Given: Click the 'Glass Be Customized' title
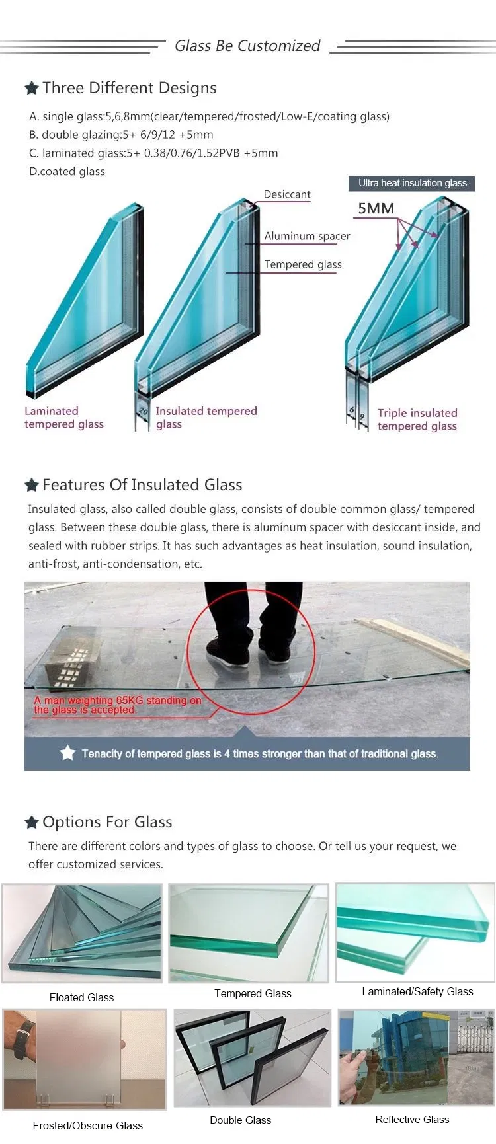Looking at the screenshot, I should click(247, 46).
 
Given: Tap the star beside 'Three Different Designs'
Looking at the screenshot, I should click(31, 88).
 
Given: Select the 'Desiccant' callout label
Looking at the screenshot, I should click(286, 194).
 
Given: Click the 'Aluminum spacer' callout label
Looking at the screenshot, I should click(307, 236).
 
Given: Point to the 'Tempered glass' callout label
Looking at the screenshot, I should click(303, 264).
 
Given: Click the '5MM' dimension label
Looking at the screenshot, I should click(376, 208).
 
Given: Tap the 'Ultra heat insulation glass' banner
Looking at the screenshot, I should click(412, 183).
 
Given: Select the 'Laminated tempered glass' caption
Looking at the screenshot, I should click(63, 418).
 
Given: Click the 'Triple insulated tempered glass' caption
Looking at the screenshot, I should click(417, 420).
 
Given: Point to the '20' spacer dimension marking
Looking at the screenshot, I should click(144, 412).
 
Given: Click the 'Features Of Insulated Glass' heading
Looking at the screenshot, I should click(142, 485).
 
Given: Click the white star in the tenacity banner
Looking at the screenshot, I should click(67, 753).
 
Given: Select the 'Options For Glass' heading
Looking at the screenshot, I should click(107, 822).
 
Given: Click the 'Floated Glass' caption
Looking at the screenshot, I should click(81, 997).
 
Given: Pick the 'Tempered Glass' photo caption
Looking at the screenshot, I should click(253, 993).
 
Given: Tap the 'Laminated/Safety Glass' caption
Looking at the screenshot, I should click(417, 991).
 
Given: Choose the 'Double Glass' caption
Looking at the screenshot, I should click(240, 1120).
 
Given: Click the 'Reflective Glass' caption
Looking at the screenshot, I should click(412, 1119).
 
